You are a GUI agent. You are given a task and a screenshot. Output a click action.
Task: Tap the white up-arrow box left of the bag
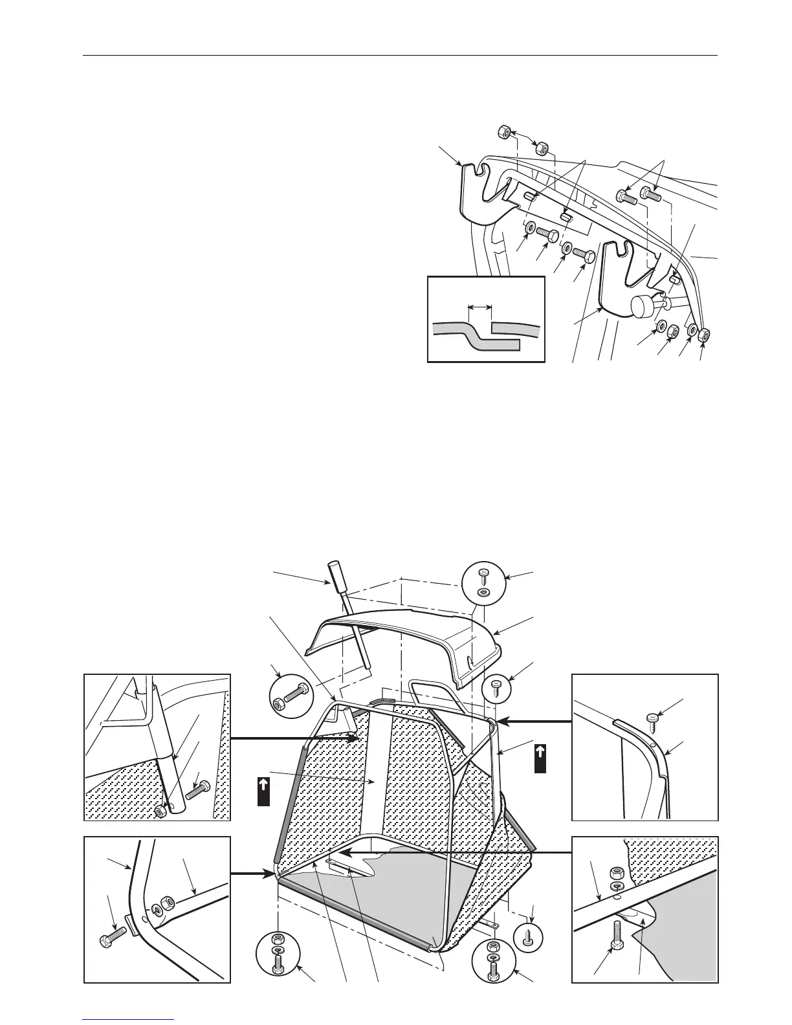263,791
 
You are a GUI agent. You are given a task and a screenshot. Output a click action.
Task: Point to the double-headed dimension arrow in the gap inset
480,307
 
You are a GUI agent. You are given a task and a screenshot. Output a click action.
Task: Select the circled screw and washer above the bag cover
483,582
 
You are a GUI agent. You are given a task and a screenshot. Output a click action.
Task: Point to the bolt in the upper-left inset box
195,791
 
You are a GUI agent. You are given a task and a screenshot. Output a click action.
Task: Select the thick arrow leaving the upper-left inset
295,738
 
